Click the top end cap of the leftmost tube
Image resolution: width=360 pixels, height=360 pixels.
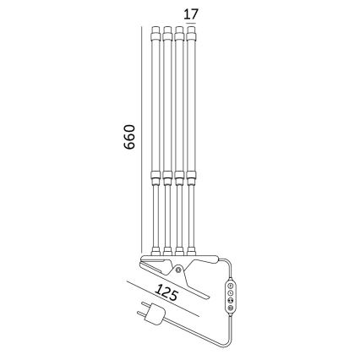point(155,36)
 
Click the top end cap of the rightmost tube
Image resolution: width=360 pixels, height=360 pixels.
point(194,36)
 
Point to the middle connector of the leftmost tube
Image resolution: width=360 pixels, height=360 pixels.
point(155,178)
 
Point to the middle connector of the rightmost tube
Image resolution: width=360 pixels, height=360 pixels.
point(194,178)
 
